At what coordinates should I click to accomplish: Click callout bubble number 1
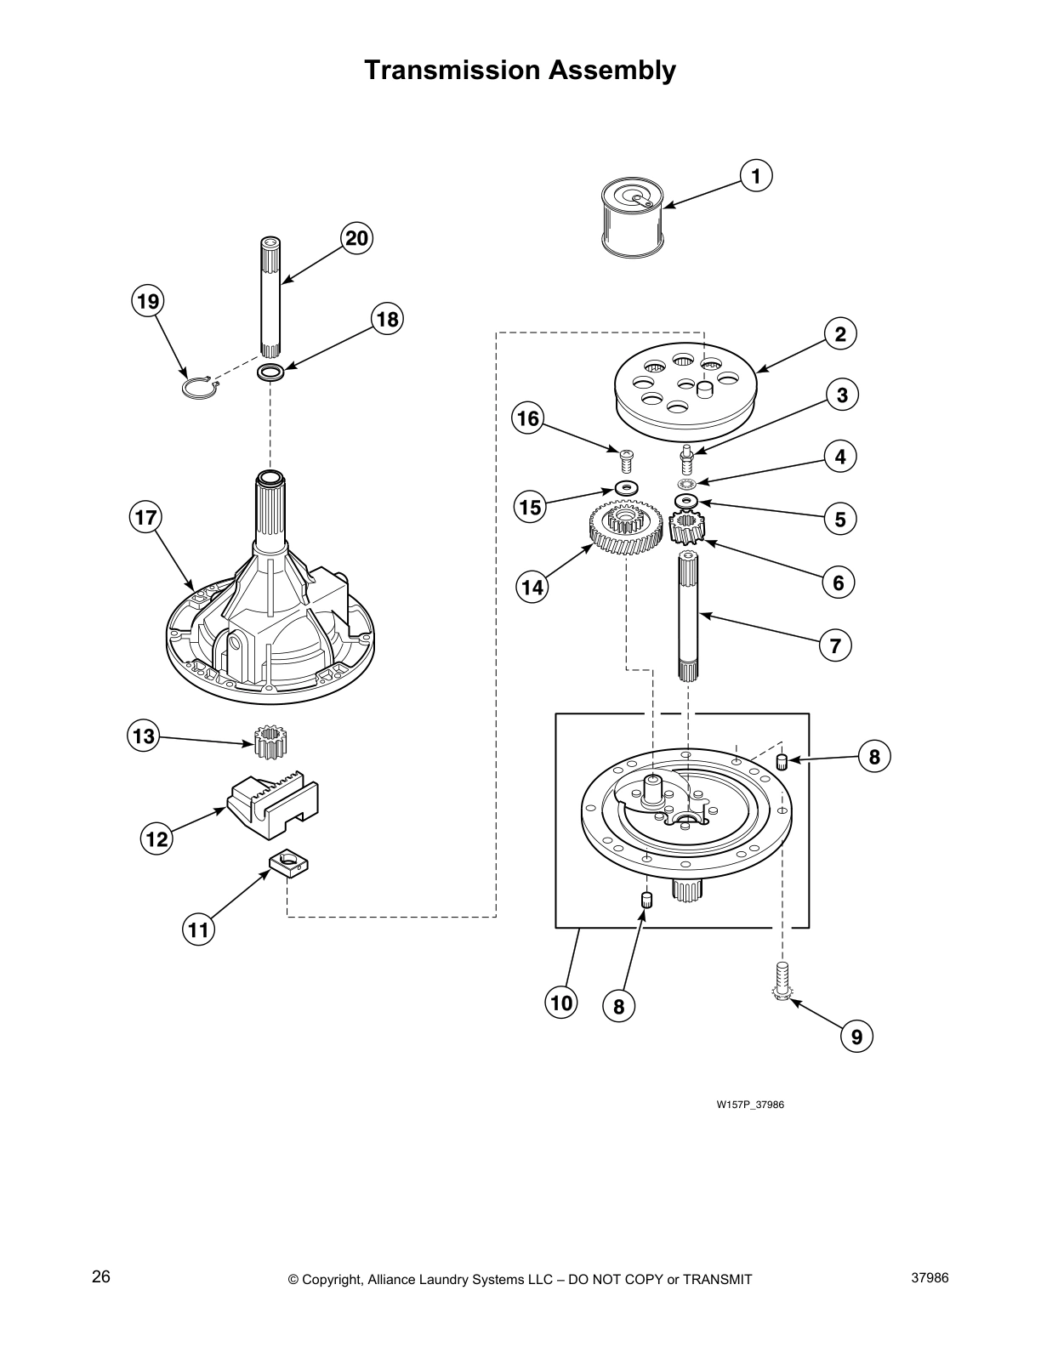click(755, 176)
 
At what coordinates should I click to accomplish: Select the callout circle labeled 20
click(356, 238)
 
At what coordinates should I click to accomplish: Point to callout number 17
click(145, 517)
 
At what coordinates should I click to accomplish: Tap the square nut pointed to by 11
click(288, 867)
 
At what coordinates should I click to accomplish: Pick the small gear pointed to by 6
click(685, 529)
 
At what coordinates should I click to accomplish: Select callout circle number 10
click(561, 1003)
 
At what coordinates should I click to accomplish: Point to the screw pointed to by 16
click(627, 462)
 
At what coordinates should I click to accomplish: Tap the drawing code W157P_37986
click(749, 1105)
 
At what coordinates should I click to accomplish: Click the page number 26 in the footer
click(101, 1276)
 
